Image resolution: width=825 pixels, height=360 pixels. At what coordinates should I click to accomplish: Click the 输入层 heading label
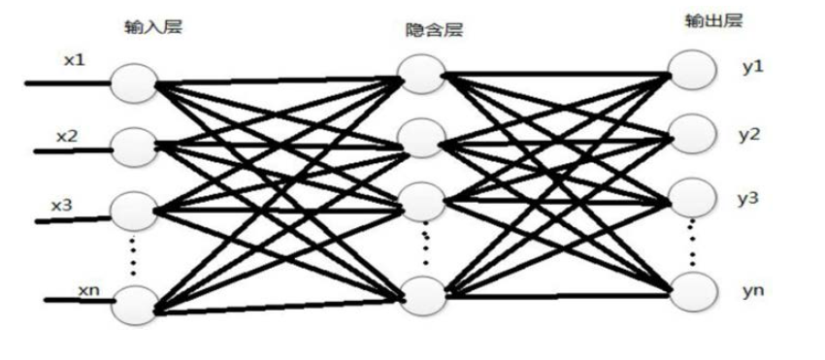pos(153,27)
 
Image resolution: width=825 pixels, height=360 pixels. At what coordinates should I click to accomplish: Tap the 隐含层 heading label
pos(434,30)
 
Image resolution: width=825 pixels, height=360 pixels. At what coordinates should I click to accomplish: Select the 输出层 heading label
pos(713,20)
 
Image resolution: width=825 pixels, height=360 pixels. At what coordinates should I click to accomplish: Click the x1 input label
pos(74,60)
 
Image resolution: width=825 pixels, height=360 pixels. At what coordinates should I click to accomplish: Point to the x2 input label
pos(67,136)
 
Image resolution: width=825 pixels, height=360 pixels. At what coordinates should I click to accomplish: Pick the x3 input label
pos(61,206)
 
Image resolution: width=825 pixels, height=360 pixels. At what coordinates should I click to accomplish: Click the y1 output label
pos(753,68)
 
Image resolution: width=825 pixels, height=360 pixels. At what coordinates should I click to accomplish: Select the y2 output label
pos(749,135)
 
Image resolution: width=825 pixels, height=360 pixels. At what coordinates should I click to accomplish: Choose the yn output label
pos(753,290)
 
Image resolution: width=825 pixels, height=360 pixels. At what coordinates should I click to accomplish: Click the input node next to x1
pos(134,82)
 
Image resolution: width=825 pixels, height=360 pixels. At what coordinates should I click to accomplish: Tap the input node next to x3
pos(134,212)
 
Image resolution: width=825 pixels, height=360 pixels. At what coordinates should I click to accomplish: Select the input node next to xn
pos(134,306)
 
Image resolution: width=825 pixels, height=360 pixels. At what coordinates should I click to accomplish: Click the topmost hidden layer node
pos(421,74)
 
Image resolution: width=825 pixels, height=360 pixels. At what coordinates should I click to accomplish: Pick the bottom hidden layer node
pos(423,296)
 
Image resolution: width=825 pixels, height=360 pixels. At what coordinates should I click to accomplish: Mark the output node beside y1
pos(692,70)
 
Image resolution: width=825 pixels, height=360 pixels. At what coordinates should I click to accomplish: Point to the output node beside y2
pos(692,134)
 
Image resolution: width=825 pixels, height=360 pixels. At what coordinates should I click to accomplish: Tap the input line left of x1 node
pos(67,83)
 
